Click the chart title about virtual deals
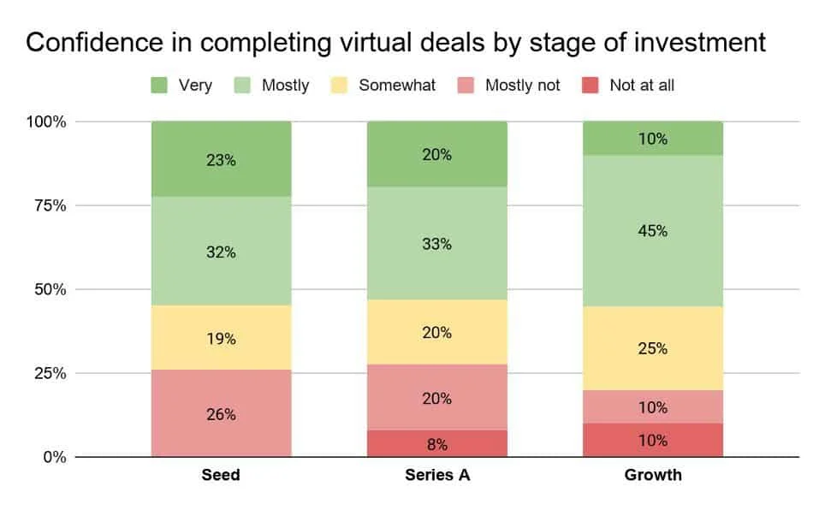tap(395, 43)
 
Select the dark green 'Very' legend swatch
tap(159, 85)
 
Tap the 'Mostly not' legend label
tap(523, 85)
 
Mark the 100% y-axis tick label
tap(45, 122)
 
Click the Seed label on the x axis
tap(221, 475)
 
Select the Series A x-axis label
tap(436, 475)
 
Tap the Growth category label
tap(652, 475)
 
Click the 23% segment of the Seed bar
tap(221, 159)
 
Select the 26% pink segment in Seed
tap(221, 414)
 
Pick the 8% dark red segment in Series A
tap(436, 444)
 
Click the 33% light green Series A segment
tap(436, 244)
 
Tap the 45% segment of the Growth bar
tap(652, 231)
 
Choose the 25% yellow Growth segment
tap(652, 348)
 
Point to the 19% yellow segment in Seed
tap(221, 338)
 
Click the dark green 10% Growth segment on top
tap(652, 139)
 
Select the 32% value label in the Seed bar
tap(221, 252)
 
